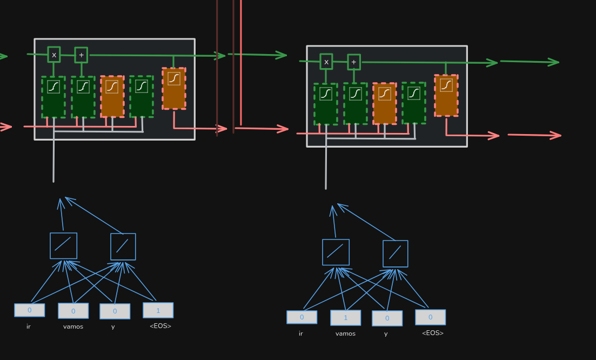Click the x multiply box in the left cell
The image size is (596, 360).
tap(54, 55)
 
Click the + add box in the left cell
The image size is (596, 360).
tap(81, 55)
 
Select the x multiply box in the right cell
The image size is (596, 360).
tap(326, 62)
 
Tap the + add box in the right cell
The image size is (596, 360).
tap(354, 62)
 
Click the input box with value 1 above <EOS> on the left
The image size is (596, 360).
tap(158, 310)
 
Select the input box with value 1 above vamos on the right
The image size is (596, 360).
tap(346, 318)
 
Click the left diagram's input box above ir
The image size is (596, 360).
tap(30, 310)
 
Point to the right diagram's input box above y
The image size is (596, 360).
tap(387, 318)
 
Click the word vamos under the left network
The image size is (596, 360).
tap(73, 326)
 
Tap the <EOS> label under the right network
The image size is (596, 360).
tap(432, 333)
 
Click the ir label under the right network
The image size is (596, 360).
tap(301, 334)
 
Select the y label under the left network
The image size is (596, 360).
tap(113, 326)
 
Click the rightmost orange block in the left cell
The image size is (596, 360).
tap(174, 89)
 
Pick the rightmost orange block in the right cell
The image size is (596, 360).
tap(446, 96)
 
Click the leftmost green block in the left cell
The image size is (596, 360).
tap(53, 97)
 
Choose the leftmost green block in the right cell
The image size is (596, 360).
tap(326, 104)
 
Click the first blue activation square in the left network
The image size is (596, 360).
tap(64, 246)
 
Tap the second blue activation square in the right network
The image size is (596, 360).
tap(396, 254)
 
